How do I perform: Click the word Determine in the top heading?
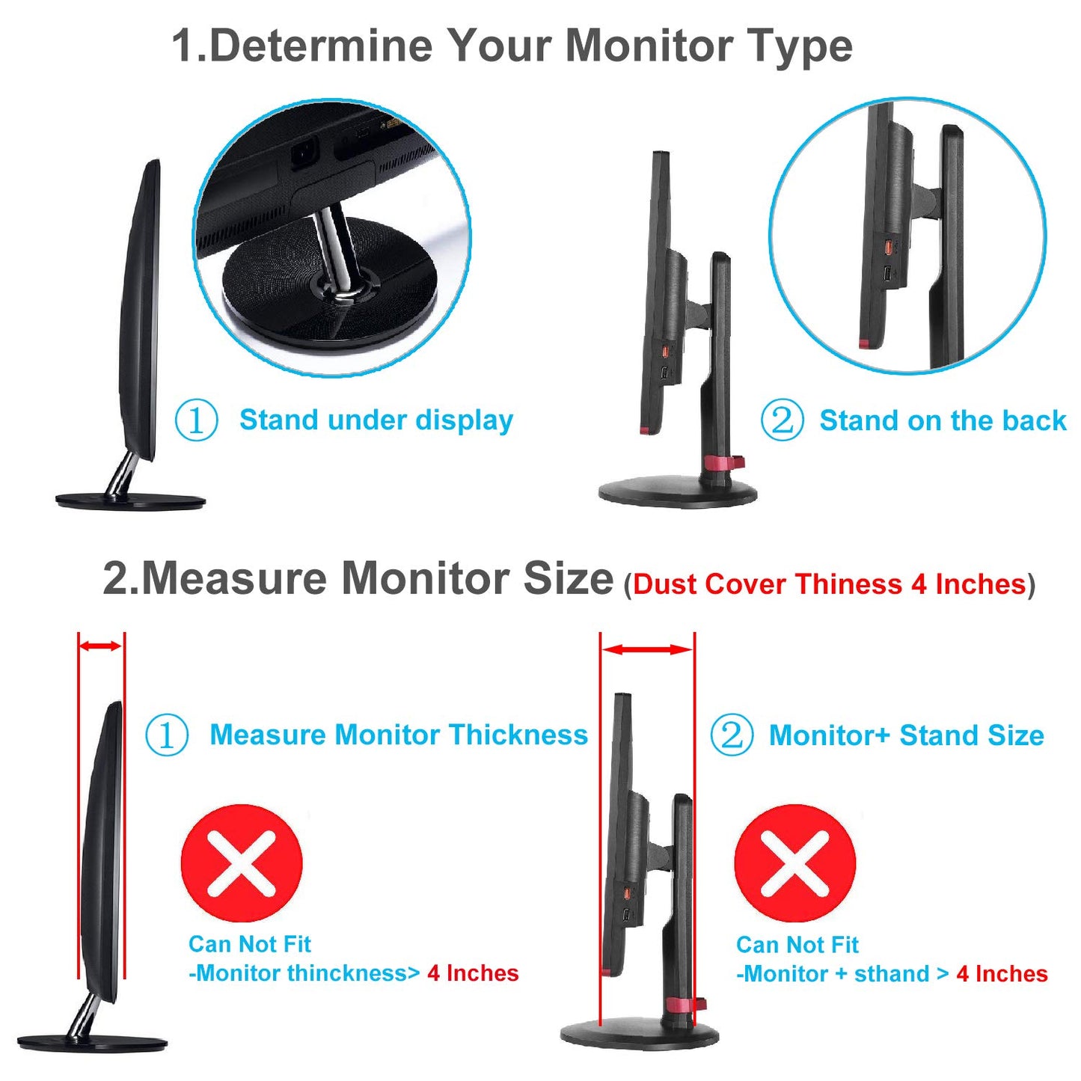(x=322, y=46)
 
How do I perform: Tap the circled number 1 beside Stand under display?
(x=196, y=420)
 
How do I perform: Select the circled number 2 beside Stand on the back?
(x=782, y=420)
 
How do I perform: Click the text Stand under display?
(x=376, y=420)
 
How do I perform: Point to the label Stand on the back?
(x=943, y=420)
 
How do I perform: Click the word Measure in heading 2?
(x=234, y=578)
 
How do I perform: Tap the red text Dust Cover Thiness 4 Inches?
(x=830, y=584)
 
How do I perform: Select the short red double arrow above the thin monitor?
(x=100, y=646)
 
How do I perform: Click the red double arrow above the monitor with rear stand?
(x=647, y=650)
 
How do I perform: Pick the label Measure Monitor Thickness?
(x=399, y=735)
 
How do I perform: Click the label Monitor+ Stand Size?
(x=907, y=735)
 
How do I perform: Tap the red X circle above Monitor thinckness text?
(x=241, y=863)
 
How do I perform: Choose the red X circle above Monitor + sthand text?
(x=795, y=863)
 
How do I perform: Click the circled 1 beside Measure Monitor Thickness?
(x=167, y=735)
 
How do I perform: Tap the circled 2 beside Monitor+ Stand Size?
(x=732, y=735)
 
